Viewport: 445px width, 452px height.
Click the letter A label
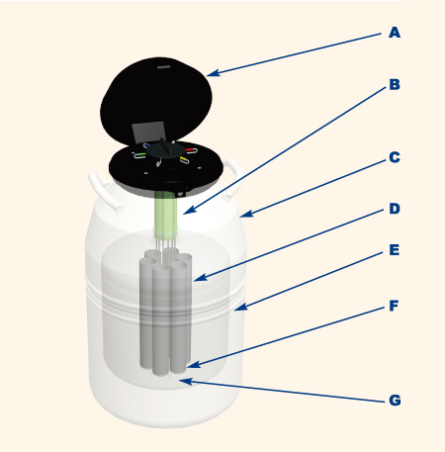point(395,33)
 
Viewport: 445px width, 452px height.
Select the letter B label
point(395,85)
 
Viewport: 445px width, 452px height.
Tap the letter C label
point(395,157)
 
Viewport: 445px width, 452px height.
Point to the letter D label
point(395,209)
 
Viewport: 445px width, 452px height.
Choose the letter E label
point(395,250)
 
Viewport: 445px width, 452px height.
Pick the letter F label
point(394,306)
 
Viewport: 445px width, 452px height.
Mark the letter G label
point(395,401)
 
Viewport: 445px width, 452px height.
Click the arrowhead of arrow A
point(213,73)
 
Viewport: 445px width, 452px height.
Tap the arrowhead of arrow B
point(188,211)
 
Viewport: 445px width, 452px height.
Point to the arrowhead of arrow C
point(246,214)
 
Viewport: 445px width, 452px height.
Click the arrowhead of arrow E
point(240,307)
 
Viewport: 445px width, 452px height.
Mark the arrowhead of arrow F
point(194,364)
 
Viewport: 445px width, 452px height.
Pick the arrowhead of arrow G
point(185,382)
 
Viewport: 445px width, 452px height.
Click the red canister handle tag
point(191,149)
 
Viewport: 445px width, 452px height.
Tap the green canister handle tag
point(140,154)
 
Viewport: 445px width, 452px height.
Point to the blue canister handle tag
point(147,144)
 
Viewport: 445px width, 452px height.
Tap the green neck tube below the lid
point(165,216)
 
